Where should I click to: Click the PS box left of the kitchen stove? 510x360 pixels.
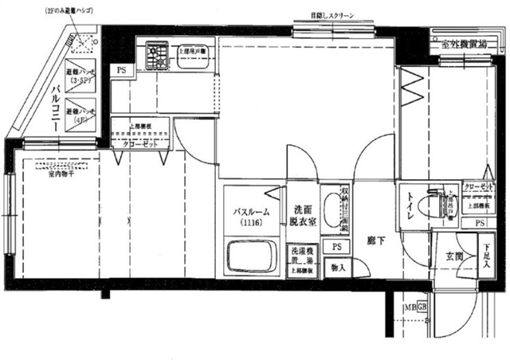[121, 70]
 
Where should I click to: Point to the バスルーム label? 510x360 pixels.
[253, 213]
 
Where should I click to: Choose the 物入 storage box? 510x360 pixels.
[337, 268]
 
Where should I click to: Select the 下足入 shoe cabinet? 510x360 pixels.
[486, 256]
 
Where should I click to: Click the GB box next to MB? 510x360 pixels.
[424, 306]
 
